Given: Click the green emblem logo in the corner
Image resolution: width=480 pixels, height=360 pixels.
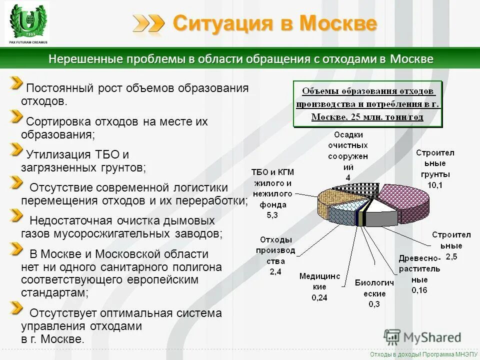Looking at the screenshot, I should (x=27, y=23).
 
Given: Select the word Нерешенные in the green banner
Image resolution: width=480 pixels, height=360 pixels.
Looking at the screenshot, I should (x=79, y=59).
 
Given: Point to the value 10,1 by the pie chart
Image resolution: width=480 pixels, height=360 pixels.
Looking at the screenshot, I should (x=434, y=185).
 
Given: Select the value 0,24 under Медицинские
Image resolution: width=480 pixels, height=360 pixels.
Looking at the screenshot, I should (x=319, y=297).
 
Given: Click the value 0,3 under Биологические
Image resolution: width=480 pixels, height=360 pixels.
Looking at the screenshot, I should (x=373, y=304).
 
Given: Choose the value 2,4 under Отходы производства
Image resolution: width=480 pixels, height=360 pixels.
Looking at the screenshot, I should (x=275, y=272).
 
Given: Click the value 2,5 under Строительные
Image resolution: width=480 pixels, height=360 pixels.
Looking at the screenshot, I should (x=451, y=256).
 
